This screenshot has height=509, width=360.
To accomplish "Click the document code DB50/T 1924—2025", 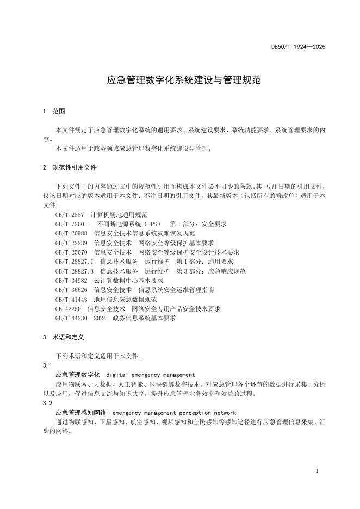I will (x=298, y=47).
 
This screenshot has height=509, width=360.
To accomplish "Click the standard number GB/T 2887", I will (x=70, y=215).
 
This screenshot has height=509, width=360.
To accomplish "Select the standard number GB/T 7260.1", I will (x=73, y=224).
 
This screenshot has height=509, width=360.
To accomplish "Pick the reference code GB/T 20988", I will (x=71, y=233).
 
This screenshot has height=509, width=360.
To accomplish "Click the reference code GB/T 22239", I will (x=71, y=243).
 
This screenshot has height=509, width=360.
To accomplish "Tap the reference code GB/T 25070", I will (x=71, y=252).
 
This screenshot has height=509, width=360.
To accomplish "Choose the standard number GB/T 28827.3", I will (x=75, y=271).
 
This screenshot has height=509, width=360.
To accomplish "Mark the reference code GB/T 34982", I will (x=71, y=281).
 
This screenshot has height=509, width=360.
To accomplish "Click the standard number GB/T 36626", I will (x=71, y=290).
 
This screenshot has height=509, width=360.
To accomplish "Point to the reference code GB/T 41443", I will (x=71, y=299).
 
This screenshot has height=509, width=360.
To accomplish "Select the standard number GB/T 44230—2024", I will (x=81, y=318).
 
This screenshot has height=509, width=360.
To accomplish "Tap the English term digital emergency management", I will (x=150, y=375).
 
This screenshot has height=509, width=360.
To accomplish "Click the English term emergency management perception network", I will (x=174, y=413).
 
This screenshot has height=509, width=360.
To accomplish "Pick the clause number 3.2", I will (x=47, y=404).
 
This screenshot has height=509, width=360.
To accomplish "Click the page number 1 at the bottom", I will (x=317, y=471).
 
